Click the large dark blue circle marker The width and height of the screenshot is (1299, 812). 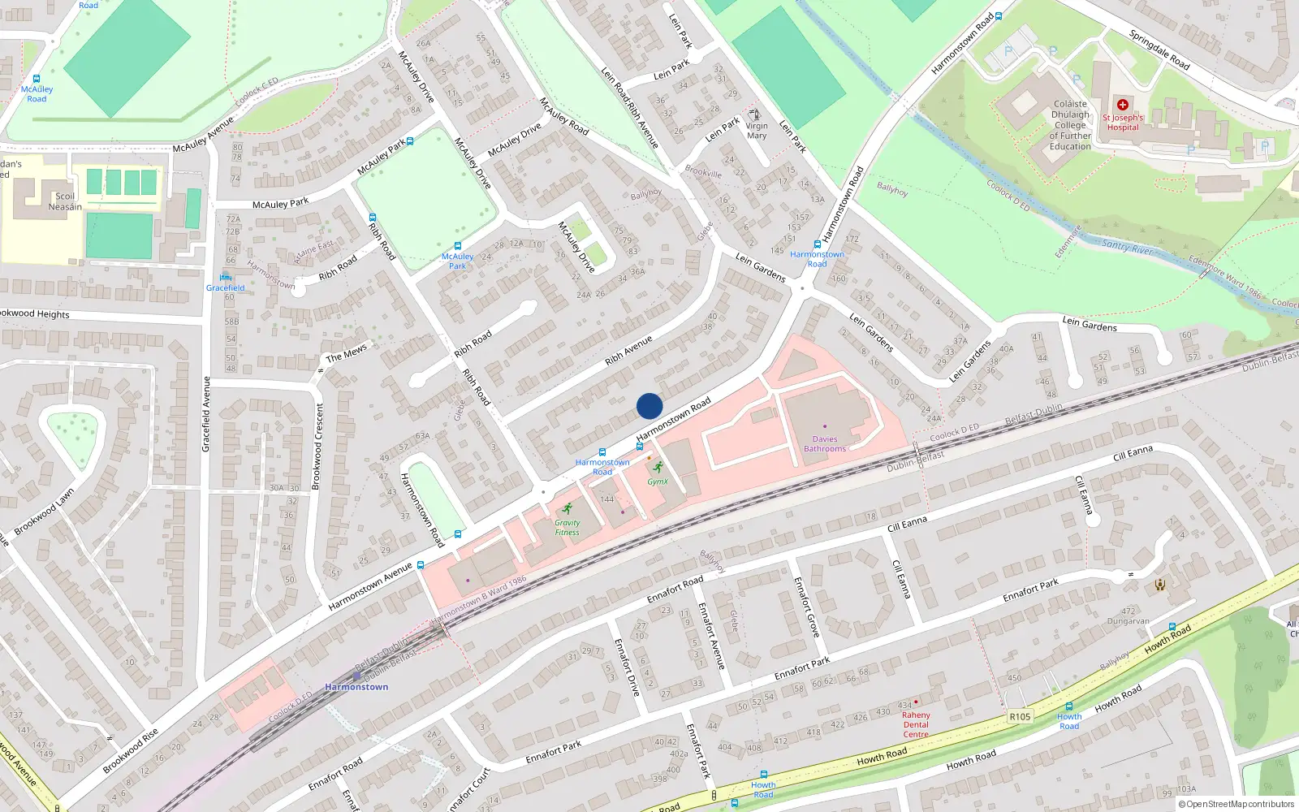[x=649, y=406]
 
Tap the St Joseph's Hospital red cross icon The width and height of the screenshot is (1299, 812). [x=1123, y=105]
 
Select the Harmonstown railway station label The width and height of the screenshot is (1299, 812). [x=356, y=687]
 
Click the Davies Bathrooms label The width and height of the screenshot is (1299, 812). [x=825, y=444]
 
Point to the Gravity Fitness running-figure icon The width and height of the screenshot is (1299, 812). [x=568, y=509]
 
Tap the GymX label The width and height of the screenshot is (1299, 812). [x=658, y=482]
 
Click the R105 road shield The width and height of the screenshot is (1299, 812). [x=1020, y=716]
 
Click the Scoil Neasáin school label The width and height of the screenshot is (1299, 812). [x=65, y=201]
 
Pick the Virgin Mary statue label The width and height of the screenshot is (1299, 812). [x=757, y=131]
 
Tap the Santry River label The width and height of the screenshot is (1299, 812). [x=1128, y=247]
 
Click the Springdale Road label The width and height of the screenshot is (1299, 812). [x=1159, y=50]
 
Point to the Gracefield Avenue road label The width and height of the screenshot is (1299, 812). [x=206, y=414]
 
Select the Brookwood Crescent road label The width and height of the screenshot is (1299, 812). [x=317, y=446]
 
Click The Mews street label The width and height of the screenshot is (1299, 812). [x=347, y=353]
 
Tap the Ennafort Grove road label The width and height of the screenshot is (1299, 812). [x=807, y=607]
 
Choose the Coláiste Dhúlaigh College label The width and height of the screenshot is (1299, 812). [x=1070, y=125]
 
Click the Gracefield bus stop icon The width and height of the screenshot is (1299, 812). [x=226, y=278]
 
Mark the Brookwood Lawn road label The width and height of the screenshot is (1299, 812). [x=45, y=511]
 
